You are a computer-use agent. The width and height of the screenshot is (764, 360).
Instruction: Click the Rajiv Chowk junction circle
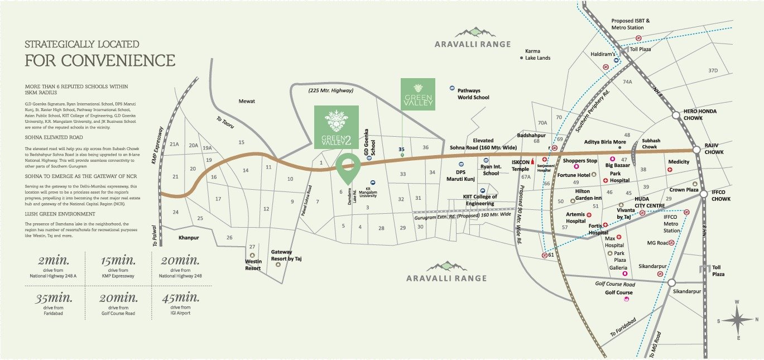[x=696, y=150]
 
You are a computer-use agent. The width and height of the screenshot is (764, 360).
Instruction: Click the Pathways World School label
[x=473, y=94]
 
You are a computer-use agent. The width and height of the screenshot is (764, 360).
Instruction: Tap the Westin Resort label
[x=253, y=265]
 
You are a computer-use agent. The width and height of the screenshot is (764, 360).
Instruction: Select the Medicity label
[x=679, y=162]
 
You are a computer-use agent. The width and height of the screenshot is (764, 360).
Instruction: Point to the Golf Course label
[x=619, y=292]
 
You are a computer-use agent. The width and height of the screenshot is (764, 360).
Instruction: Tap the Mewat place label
[x=247, y=101]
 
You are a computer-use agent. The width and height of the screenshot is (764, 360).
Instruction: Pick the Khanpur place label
[x=189, y=238]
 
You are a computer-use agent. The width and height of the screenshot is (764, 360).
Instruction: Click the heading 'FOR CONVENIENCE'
[x=100, y=60]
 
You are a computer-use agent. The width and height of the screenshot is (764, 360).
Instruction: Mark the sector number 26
[x=229, y=238]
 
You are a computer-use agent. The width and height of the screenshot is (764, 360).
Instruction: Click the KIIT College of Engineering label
[x=479, y=200]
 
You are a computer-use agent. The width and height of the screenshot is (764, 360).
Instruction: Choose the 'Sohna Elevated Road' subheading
[x=54, y=137]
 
